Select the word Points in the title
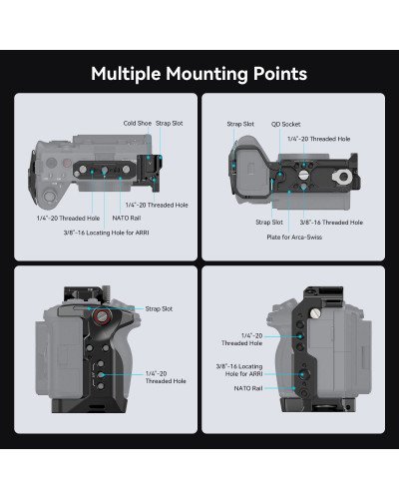[x=279, y=74]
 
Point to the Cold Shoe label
[x=138, y=123]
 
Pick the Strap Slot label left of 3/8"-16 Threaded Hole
[x=268, y=223]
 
